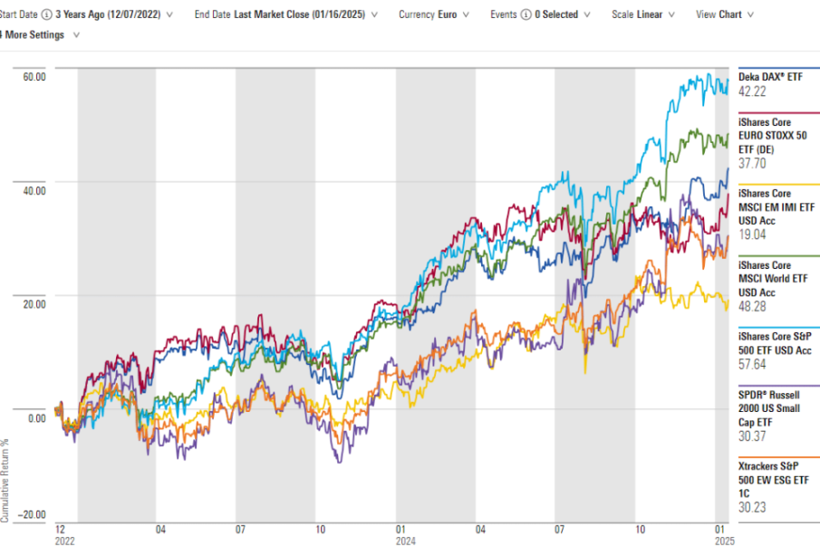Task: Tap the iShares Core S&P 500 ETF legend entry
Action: tap(776, 343)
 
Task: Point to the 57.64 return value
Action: tap(753, 364)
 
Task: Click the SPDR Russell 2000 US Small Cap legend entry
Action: tap(775, 407)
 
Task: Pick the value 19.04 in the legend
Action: tap(753, 234)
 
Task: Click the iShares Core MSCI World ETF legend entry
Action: tap(776, 279)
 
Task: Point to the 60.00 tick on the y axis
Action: tap(34, 77)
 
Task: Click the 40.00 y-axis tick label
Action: tap(34, 190)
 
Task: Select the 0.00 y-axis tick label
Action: tap(36, 418)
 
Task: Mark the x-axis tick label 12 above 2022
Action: tap(60, 528)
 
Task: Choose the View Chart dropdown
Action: tap(723, 14)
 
